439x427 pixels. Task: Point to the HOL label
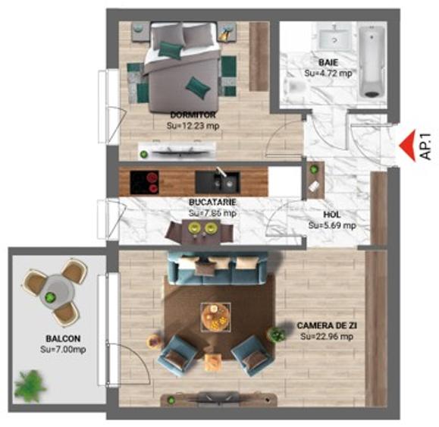coord(332,215)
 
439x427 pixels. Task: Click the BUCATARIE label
coord(213,203)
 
